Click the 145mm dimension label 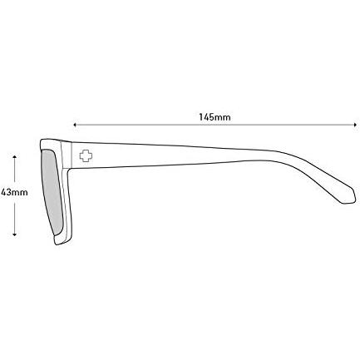215,117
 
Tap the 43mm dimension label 14,192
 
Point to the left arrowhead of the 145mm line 75,125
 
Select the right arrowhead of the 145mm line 355,125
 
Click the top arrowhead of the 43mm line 15,157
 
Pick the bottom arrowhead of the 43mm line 15,234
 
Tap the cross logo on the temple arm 86,156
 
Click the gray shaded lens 52,191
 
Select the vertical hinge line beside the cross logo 72,155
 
